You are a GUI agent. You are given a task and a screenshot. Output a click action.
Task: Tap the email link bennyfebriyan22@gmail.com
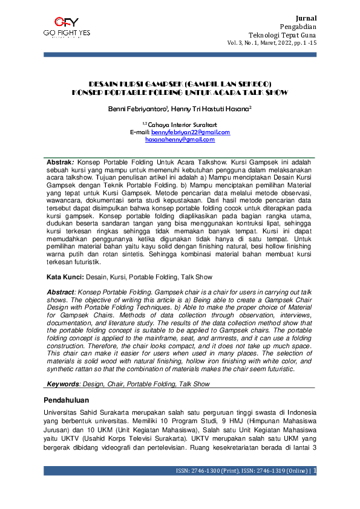(191, 132)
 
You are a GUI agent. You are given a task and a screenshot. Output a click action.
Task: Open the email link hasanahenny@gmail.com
(180, 139)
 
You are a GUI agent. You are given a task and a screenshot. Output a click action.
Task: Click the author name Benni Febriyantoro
(133, 111)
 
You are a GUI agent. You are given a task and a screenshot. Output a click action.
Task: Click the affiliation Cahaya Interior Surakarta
(182, 125)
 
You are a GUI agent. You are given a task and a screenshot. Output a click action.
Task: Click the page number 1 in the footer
(316, 471)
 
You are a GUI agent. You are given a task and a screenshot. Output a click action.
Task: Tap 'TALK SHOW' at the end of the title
(267, 92)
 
